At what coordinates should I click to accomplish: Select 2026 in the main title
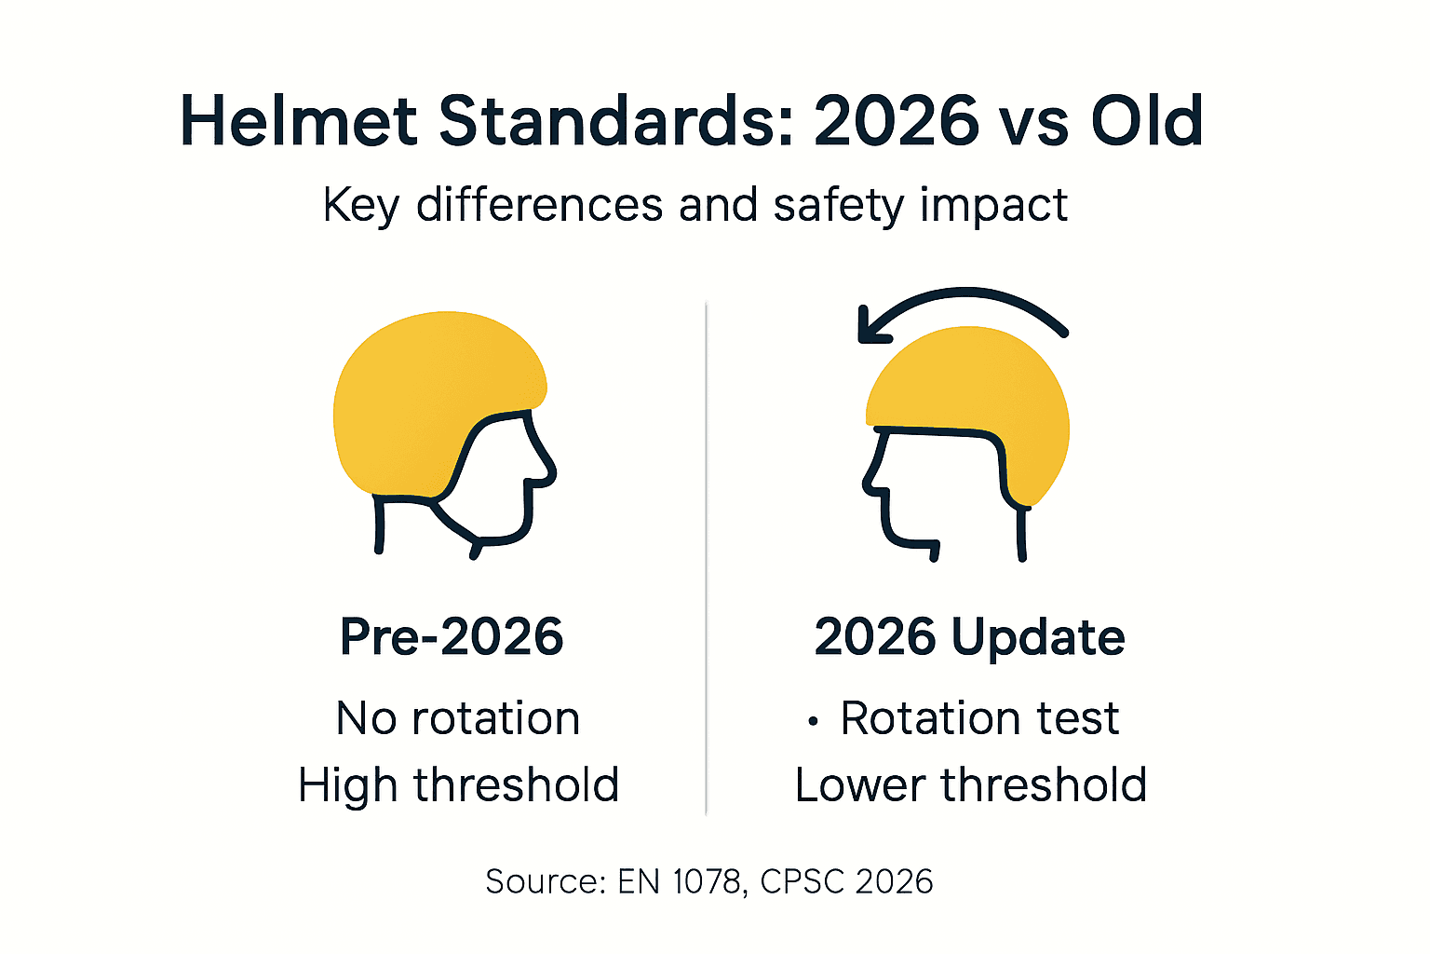pos(897,123)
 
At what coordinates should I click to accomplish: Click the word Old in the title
pos(1147,123)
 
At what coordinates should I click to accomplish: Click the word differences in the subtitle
pos(540,205)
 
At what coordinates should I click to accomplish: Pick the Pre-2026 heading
pos(452,637)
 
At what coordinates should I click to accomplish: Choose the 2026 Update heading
pos(969,637)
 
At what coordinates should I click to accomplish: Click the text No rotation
pos(458,718)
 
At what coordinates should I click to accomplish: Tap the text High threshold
pos(458,784)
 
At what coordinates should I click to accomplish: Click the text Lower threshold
pos(970,784)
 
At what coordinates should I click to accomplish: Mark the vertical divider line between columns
pos(706,559)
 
